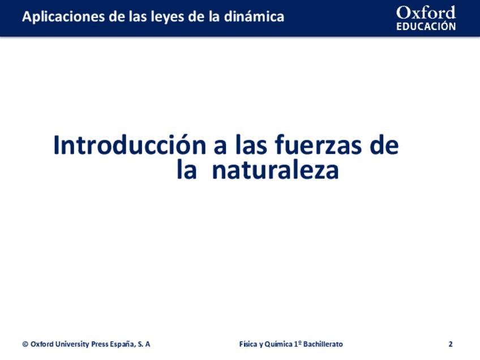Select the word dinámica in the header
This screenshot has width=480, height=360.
[254, 16]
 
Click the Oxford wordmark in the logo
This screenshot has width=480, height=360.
[426, 12]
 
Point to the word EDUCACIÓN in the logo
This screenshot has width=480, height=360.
[426, 27]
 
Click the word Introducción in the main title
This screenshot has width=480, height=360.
[130, 145]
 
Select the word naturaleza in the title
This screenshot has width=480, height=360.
[275, 170]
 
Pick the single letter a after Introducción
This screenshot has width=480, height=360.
[220, 147]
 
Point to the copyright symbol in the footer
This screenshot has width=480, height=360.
[25, 344]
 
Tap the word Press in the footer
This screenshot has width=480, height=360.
[100, 344]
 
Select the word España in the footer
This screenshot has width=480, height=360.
[122, 344]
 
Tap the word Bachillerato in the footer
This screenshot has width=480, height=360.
[323, 344]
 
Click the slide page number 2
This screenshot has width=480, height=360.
[451, 344]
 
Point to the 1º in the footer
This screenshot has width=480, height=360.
[298, 344]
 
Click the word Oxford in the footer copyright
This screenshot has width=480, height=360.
[42, 344]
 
